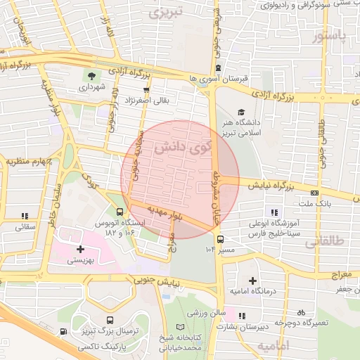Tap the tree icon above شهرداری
coord(91,75)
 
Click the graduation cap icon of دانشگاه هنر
coord(241,112)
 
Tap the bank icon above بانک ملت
coord(314,193)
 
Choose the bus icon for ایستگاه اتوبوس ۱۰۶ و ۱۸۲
coord(120,212)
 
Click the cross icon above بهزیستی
coord(80,248)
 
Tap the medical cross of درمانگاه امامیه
coord(252,281)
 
